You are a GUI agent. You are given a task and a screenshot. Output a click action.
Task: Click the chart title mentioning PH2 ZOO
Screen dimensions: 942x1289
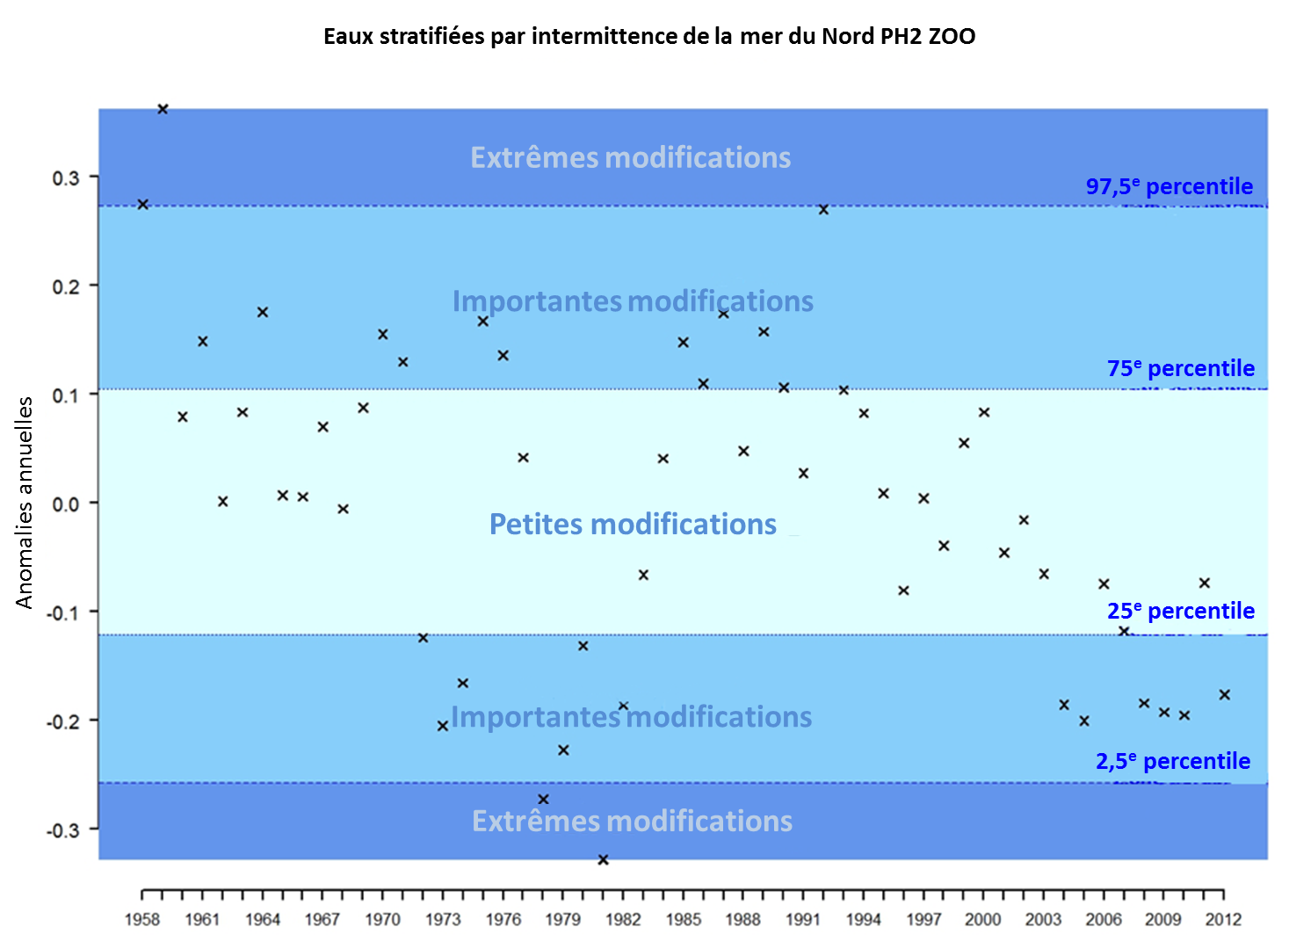pos(649,36)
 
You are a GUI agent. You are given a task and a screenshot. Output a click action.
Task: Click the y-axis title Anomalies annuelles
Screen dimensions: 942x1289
pos(25,502)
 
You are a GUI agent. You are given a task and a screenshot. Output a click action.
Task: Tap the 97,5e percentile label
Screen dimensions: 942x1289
pos(1169,186)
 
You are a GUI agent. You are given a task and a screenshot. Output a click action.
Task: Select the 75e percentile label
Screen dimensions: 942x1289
pos(1180,368)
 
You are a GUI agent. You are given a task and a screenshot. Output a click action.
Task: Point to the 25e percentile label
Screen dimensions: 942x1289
pos(1180,611)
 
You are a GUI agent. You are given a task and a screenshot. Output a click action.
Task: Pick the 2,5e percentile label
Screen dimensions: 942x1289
pos(1172,761)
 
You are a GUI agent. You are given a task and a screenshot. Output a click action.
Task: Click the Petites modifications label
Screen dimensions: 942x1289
pos(633,524)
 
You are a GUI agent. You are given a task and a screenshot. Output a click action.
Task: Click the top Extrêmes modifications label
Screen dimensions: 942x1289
pos(631,157)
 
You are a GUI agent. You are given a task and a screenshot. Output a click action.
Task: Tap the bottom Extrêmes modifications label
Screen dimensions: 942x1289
pos(633,821)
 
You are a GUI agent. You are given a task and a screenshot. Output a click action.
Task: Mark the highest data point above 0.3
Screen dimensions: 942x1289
pos(163,109)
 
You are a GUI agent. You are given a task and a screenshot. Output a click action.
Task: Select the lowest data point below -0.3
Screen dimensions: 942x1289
pos(603,859)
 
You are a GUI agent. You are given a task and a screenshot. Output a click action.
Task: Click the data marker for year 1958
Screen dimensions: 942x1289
pos(142,205)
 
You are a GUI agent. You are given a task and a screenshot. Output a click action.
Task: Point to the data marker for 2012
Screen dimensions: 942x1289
pos(1224,695)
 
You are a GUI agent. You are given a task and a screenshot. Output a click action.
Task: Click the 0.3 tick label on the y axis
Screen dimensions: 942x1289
pos(66,178)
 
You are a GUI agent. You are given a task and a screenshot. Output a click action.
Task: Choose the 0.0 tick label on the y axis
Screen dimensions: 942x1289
pos(66,504)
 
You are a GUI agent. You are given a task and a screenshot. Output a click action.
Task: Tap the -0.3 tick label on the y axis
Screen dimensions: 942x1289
pos(62,830)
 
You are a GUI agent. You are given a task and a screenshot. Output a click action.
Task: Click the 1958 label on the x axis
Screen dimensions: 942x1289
pos(142,919)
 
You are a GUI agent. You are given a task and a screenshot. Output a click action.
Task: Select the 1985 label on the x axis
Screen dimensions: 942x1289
pos(683,919)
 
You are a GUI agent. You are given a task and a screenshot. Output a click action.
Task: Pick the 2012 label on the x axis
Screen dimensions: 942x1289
pos(1223,919)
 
